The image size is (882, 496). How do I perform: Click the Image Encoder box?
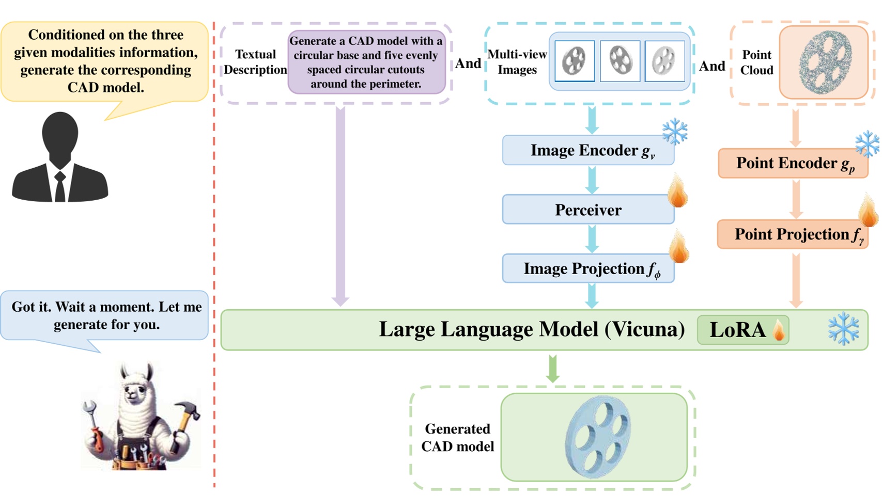coord(587,150)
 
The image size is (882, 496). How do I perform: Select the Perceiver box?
coord(587,210)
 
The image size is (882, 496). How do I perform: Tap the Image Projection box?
coord(587,268)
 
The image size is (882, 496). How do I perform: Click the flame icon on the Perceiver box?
coord(677,193)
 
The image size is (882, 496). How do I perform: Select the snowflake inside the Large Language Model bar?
coord(843,329)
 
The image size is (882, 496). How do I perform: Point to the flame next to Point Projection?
coord(868,212)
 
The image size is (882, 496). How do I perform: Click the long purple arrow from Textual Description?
coord(340,206)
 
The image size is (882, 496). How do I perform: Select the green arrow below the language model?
coord(552,369)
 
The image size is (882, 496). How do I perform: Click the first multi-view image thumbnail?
coord(574,61)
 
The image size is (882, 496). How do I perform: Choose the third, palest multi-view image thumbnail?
coord(664,61)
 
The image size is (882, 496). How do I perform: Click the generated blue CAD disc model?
coord(598,437)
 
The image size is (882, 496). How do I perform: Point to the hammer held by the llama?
coord(187,413)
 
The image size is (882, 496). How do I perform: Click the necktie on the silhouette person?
coord(60,186)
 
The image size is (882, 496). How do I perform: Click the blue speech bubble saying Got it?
coord(106,315)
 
